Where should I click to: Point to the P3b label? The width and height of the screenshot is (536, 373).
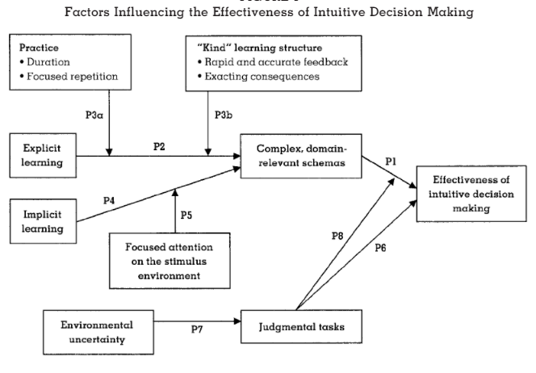pyautogui.click(x=224, y=115)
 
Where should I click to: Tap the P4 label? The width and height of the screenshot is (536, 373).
pyautogui.click(x=110, y=199)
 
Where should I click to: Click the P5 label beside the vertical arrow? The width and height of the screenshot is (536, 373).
pyautogui.click(x=186, y=216)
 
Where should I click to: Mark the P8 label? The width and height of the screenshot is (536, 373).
pyautogui.click(x=337, y=236)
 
